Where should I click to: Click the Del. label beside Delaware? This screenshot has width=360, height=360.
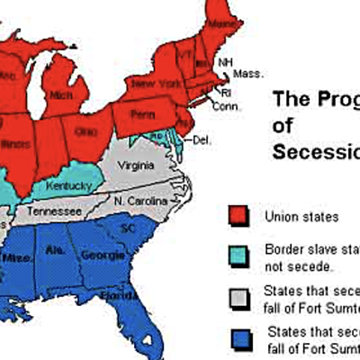coord(202,139)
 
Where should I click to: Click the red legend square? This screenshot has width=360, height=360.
coord(238,216)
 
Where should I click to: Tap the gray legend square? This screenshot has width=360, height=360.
coord(238,298)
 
